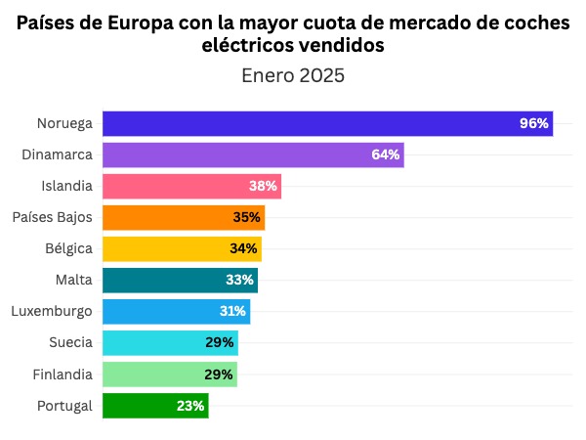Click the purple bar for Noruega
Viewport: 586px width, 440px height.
pos(327,123)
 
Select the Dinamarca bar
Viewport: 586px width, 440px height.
pos(252,154)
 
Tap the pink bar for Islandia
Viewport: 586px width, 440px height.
pos(191,186)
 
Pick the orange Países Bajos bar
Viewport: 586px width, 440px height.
pos(184,217)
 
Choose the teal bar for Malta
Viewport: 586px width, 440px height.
pos(180,280)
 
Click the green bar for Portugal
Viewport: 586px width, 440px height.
pos(155,405)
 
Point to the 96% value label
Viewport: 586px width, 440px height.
pos(534,123)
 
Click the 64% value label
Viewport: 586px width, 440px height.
pos(386,154)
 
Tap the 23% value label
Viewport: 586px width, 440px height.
pos(190,405)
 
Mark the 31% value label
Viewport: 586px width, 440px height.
pos(232,311)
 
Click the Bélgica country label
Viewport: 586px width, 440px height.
pos(68,248)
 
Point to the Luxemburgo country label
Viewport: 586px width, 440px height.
pos(52,311)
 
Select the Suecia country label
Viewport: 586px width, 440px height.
pos(70,342)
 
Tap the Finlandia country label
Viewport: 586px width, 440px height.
pos(62,374)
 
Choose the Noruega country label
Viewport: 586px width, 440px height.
pos(64,123)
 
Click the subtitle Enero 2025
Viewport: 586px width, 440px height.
pos(293,75)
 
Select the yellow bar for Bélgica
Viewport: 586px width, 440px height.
pos(182,248)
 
